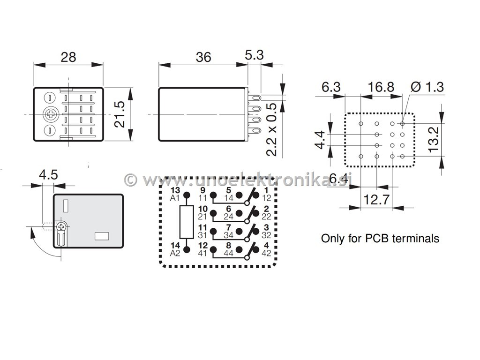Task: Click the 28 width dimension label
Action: coord(68,57)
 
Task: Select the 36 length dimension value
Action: coord(203,57)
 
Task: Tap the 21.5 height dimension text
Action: coord(120,114)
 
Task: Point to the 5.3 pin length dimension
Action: coord(255,55)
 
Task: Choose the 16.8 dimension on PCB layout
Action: coord(381,87)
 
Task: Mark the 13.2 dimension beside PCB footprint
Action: coord(434,137)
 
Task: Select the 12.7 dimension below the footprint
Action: coord(376,200)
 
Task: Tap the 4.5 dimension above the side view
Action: coord(48,175)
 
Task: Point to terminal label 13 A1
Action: coord(175,194)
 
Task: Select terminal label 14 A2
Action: coord(175,249)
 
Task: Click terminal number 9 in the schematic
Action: coord(202,190)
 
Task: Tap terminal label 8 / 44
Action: coord(228,249)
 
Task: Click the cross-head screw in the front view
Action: coord(50,113)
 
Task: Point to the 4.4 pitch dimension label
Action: coord(320,140)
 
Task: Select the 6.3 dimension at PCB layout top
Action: coord(331,87)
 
